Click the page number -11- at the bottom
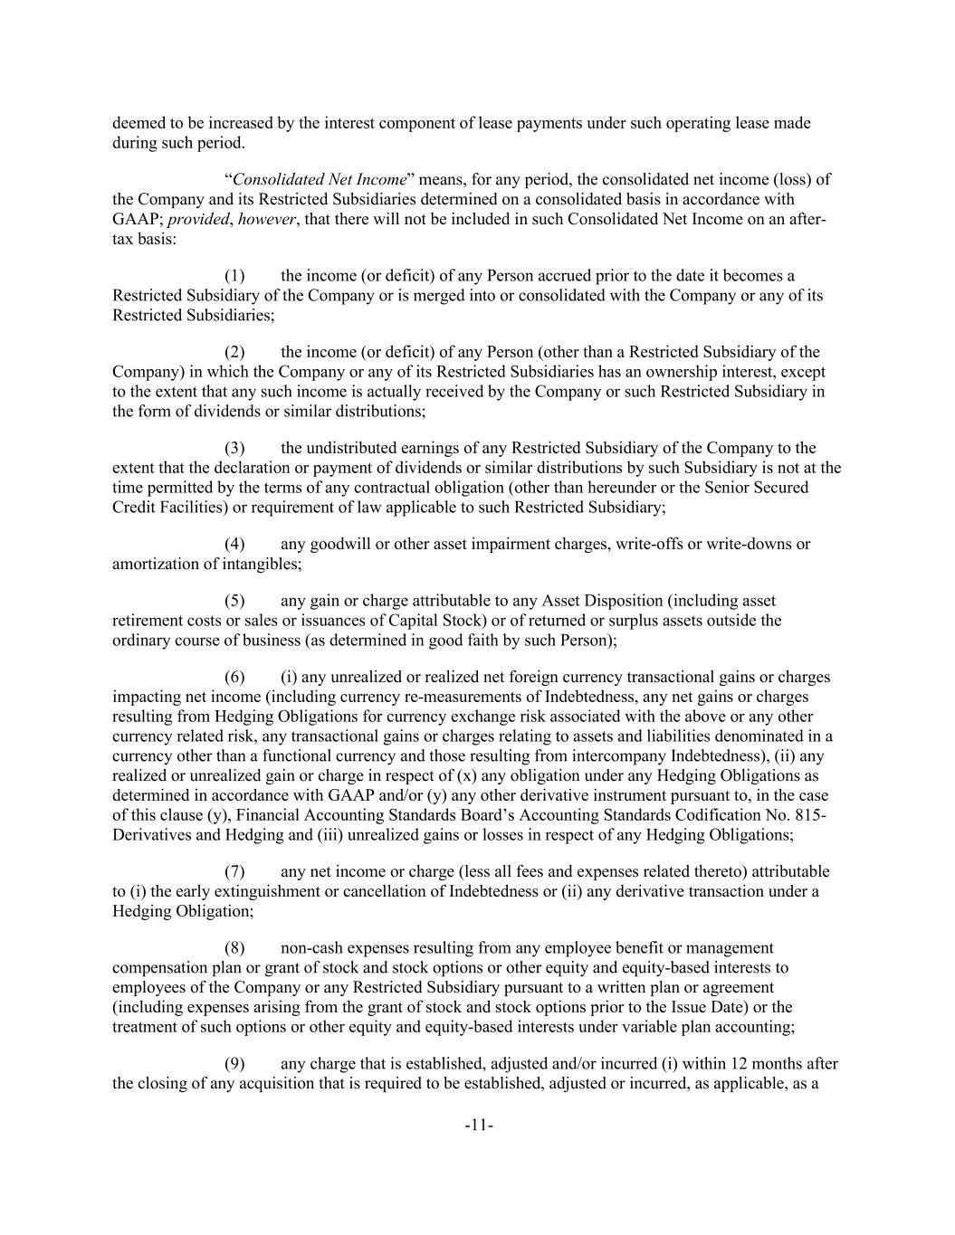coord(478,1126)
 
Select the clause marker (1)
coord(234,276)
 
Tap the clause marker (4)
coord(234,544)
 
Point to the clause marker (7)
coord(234,871)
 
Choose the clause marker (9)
coord(234,1063)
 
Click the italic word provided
coord(199,219)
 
